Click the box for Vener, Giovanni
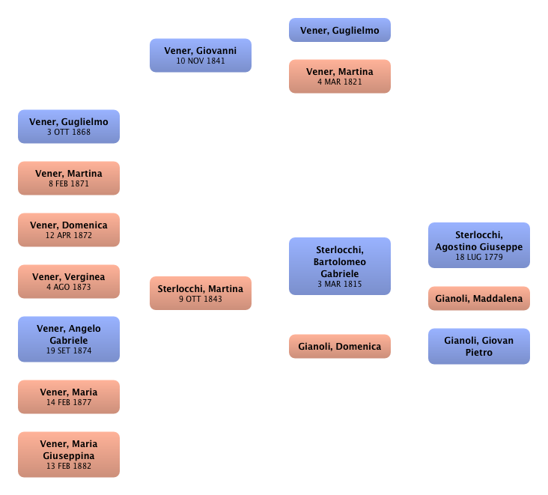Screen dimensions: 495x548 [x=201, y=55]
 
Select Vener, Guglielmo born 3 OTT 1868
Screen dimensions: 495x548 [x=69, y=126]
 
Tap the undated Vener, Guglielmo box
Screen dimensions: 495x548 [x=340, y=31]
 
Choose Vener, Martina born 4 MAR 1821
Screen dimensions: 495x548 [x=340, y=76]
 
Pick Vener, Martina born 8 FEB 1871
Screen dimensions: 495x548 [x=69, y=178]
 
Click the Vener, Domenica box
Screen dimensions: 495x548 [x=69, y=229]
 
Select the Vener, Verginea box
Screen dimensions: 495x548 [x=69, y=282]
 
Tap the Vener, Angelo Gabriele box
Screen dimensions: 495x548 [x=69, y=338]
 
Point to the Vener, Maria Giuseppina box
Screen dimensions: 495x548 [x=69, y=455]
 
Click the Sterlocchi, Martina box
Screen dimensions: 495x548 [x=201, y=293]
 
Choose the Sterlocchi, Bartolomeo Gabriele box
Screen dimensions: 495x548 [x=340, y=267]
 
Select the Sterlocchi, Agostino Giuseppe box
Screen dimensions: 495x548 [x=479, y=246]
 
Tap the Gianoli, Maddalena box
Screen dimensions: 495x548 [x=479, y=299]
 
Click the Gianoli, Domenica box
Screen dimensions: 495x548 [x=340, y=346]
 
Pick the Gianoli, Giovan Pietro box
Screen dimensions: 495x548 [x=479, y=346]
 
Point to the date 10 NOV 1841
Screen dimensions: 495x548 [x=201, y=61]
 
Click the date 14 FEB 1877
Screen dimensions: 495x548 [x=69, y=402]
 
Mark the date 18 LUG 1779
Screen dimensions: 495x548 [x=479, y=257]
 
